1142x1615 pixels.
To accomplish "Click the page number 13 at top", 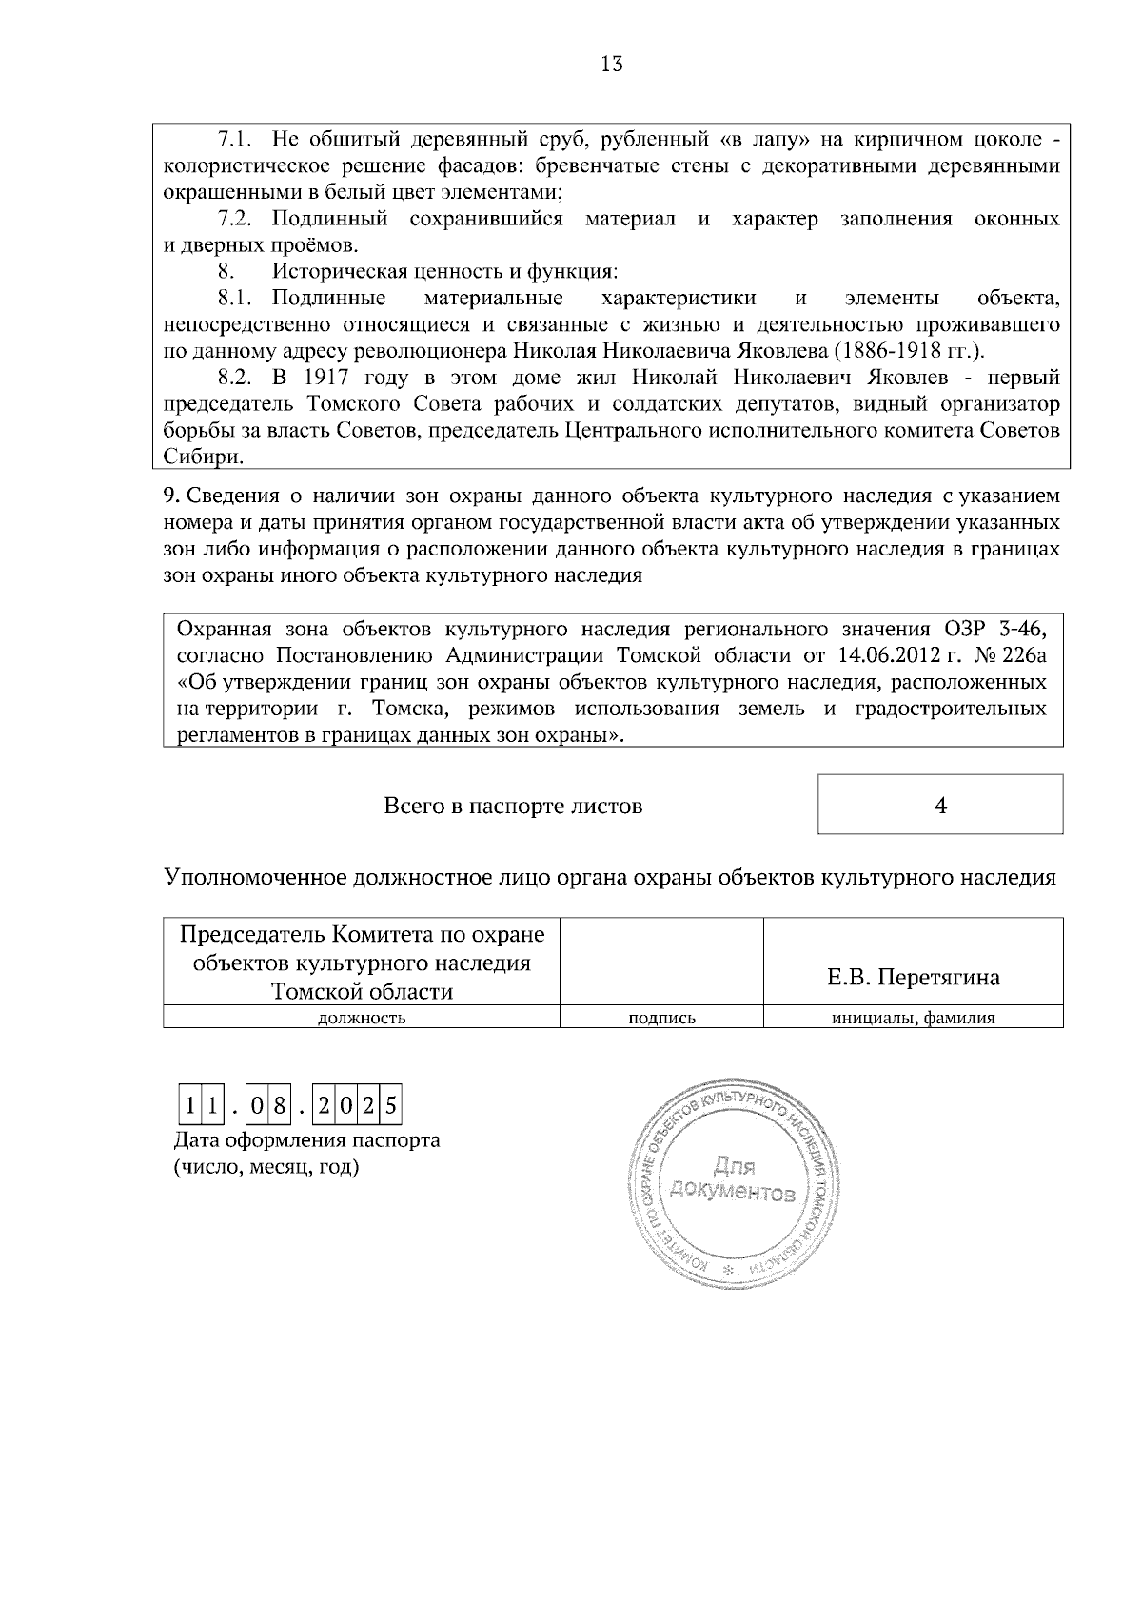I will pos(612,65).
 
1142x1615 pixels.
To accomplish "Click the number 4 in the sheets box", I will pos(940,806).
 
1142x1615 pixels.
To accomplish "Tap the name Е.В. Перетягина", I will pos(913,978).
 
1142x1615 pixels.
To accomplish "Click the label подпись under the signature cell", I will pos(662,1018).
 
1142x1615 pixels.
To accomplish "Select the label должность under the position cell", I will pos(362,1018).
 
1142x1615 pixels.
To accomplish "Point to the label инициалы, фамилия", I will pos(913,1018).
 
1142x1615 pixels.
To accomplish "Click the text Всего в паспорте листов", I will pos(513,807).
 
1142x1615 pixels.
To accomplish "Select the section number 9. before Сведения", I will pos(171,496).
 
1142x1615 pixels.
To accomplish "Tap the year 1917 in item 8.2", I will pos(315,378).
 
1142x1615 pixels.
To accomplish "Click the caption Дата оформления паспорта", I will pos(306,1139).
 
